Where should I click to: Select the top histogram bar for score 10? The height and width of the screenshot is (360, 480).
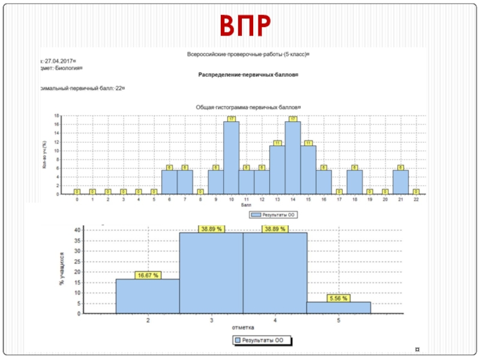pyautogui.click(x=231, y=158)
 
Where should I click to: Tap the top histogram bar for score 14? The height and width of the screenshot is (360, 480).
pyautogui.click(x=293, y=158)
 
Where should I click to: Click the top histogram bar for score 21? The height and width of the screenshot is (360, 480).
pyautogui.click(x=400, y=182)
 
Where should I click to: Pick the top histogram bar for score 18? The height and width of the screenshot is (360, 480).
pyautogui.click(x=355, y=182)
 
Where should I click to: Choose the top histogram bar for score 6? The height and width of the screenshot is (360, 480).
pyautogui.click(x=169, y=182)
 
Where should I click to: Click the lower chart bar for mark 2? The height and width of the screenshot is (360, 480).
pyautogui.click(x=148, y=296)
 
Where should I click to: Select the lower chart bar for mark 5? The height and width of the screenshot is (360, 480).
pyautogui.click(x=338, y=307)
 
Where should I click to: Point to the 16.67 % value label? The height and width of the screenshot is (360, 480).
pyautogui.click(x=148, y=275)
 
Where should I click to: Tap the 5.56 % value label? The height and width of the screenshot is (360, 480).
pyautogui.click(x=338, y=298)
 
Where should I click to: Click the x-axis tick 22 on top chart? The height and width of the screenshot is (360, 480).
pyautogui.click(x=416, y=200)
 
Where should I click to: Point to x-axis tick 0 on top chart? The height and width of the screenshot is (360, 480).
pyautogui.click(x=77, y=200)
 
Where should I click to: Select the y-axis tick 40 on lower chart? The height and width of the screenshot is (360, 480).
pyautogui.click(x=77, y=230)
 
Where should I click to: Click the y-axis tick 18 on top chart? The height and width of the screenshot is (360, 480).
pyautogui.click(x=57, y=115)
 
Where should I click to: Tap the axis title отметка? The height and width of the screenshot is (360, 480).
pyautogui.click(x=243, y=328)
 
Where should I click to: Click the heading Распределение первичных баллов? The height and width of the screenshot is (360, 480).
pyautogui.click(x=248, y=75)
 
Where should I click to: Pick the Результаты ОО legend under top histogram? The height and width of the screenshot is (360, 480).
pyautogui.click(x=273, y=214)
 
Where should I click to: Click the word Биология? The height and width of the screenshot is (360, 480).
pyautogui.click(x=64, y=68)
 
